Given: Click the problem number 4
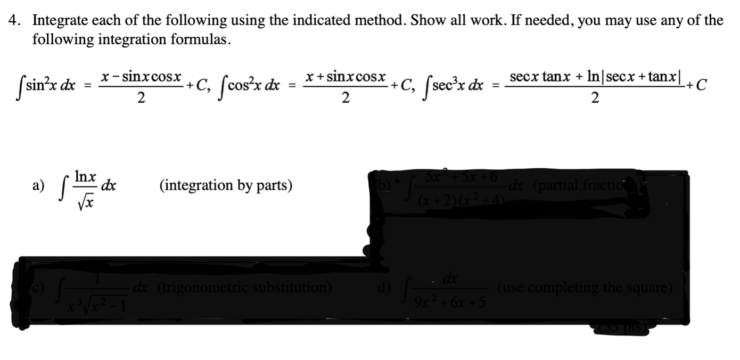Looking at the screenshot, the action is (15, 21).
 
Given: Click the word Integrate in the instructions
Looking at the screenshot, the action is (58, 21).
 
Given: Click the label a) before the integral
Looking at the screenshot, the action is (38, 185).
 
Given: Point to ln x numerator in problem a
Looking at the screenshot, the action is (85, 176).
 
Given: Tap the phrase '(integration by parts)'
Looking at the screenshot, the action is (226, 185).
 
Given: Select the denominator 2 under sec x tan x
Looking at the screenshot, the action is (596, 97).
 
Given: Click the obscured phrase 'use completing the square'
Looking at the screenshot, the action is (586, 288).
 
